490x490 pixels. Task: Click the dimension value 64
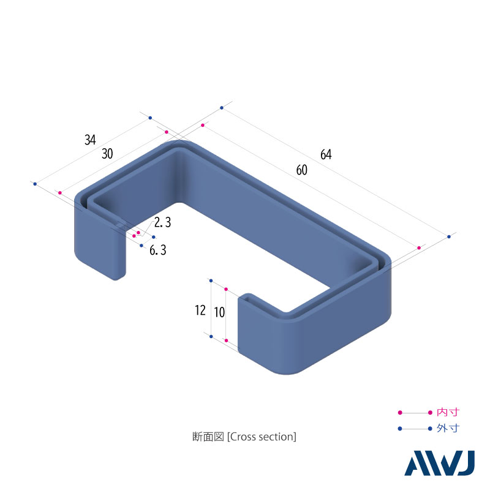pos(325,155)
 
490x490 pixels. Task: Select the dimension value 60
pos(301,171)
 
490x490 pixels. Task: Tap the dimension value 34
pos(90,140)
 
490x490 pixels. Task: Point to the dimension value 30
pos(107,154)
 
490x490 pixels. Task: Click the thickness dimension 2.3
pos(162,222)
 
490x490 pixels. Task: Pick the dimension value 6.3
pos(158,250)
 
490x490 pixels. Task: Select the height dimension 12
pos(200,311)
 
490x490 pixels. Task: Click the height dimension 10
pos(219,312)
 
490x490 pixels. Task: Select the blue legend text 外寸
pos(448,428)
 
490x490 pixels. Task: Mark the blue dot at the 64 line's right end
pos(449,236)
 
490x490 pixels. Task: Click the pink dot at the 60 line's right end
pos(419,247)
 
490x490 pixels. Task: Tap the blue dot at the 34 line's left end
pos(35,184)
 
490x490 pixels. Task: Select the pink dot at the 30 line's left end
pos(59,193)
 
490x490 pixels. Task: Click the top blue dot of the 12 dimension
pos(210,282)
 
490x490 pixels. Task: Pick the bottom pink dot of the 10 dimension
pos(226,340)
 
